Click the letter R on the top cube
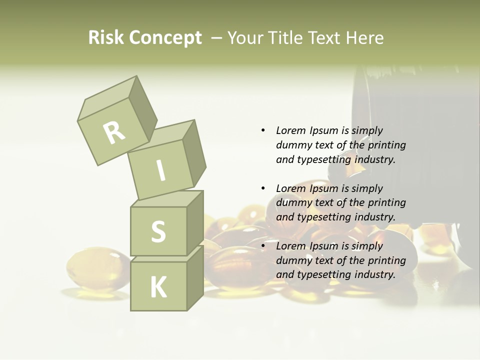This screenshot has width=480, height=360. [114, 132]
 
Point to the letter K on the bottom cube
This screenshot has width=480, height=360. [158, 287]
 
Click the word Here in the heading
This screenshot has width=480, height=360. [364, 38]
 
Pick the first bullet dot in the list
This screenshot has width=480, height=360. [263, 130]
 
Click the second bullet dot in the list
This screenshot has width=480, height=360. [263, 188]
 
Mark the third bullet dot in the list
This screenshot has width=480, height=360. [263, 246]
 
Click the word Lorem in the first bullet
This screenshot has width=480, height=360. [291, 130]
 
